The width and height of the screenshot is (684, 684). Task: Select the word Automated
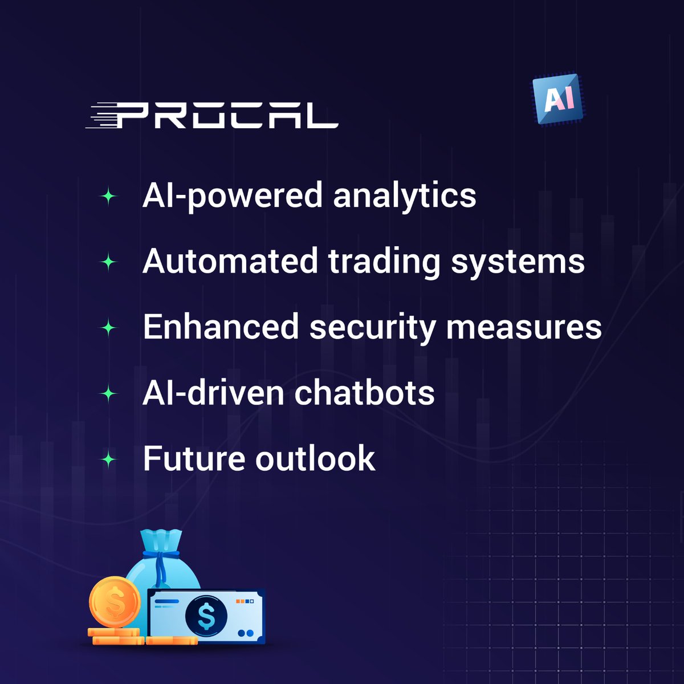tap(230, 261)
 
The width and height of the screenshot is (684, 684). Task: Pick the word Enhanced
tap(221, 327)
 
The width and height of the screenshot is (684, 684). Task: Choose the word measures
tap(523, 328)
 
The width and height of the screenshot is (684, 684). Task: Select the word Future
tap(193, 459)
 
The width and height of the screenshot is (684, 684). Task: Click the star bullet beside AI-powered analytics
tap(108, 197)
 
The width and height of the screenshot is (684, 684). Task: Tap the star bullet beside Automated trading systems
tap(108, 263)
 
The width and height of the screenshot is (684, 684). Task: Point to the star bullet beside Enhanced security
tap(108, 328)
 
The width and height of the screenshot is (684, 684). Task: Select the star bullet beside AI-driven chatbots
tap(108, 394)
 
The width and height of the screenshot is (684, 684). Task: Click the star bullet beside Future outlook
tap(108, 459)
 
